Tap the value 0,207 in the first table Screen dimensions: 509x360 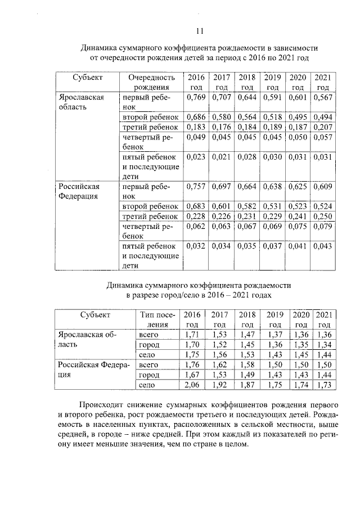pyautogui.click(x=322, y=128)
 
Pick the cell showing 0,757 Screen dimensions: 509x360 pyautogui.click(x=195, y=186)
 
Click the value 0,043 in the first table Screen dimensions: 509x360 pyautogui.click(x=322, y=246)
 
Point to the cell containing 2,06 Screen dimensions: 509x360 pyautogui.click(x=192, y=385)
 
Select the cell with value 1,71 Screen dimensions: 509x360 pyautogui.click(x=192, y=336)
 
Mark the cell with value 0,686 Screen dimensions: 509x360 pyautogui.click(x=195, y=116)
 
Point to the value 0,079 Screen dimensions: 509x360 pyautogui.click(x=322, y=227)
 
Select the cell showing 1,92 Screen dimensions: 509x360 pyautogui.click(x=219, y=385)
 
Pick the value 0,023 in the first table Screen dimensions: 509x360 pyautogui.click(x=195, y=157)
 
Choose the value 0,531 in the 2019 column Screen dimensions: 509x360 pyautogui.click(x=272, y=206)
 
